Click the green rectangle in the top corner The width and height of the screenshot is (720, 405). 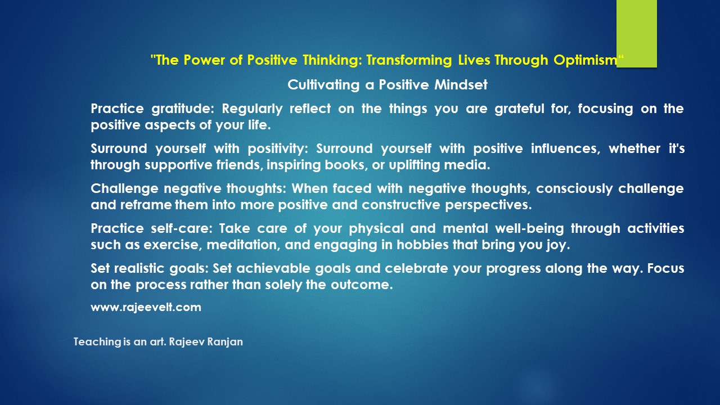pyautogui.click(x=636, y=34)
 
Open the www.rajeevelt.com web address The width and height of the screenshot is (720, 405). pyautogui.click(x=146, y=307)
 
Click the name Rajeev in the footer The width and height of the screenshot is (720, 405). pyautogui.click(x=186, y=341)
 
